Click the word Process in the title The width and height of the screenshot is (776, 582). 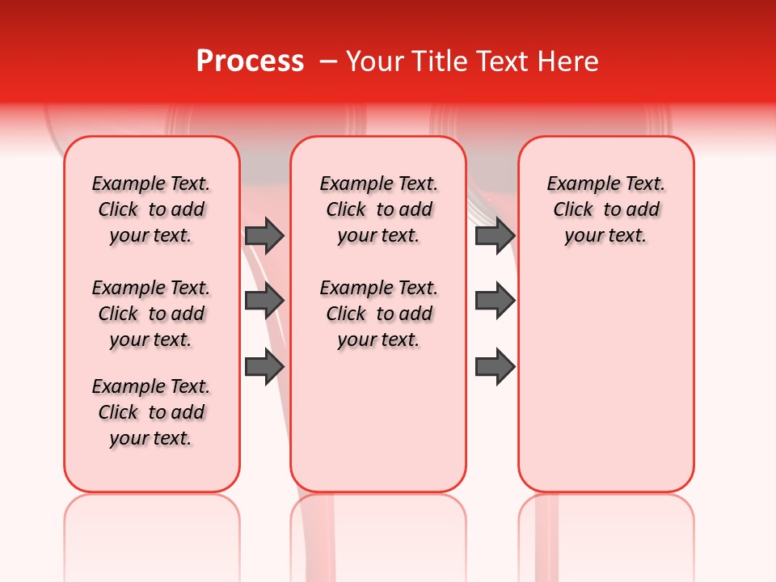point(250,61)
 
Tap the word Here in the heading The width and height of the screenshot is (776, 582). point(568,61)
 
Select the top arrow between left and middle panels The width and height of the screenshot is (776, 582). point(264,236)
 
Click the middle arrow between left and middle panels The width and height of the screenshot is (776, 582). point(264,301)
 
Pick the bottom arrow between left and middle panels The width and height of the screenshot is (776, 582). point(264,367)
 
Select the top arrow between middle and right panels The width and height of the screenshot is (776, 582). point(495,236)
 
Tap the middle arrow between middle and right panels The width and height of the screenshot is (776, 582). point(495,301)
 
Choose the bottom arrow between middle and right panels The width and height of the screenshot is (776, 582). point(495,367)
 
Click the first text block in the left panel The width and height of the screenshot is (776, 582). point(151,209)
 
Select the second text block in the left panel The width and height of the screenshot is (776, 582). point(151,314)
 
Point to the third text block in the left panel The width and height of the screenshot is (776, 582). point(151,412)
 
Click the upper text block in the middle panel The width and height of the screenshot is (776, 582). point(378,209)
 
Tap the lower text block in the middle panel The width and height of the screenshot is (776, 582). point(378,314)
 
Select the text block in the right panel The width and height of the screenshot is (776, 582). point(605,209)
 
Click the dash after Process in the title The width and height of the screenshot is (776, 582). point(327,61)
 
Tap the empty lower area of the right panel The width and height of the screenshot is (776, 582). point(605,388)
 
